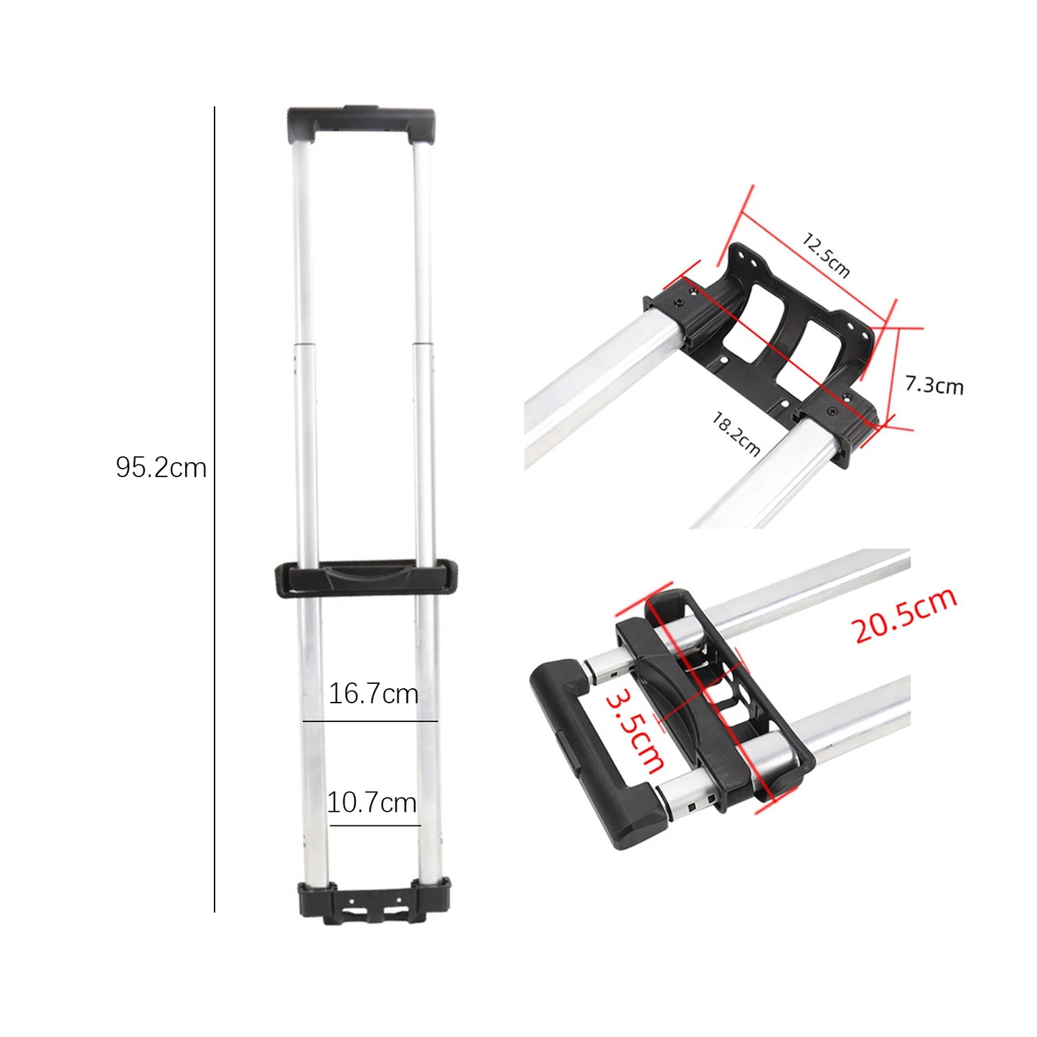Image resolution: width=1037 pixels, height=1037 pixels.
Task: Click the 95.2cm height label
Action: point(161,468)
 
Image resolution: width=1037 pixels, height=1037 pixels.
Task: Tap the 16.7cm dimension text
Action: point(373,694)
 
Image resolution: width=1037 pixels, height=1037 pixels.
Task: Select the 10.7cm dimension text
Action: point(372,802)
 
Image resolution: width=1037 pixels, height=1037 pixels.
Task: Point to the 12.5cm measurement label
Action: point(826,255)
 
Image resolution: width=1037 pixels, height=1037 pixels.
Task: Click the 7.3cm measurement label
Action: point(934,385)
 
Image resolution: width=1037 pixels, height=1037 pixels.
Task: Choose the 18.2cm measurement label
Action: point(736,433)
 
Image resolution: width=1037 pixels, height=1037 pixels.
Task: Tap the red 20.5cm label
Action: point(904,616)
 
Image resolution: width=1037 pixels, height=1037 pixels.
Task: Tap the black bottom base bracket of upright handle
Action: point(374,903)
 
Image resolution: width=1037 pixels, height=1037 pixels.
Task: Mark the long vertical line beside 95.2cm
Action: point(214,510)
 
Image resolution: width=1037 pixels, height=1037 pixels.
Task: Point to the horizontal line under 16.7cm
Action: point(370,721)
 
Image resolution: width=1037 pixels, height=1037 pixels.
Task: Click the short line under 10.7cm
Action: point(375,825)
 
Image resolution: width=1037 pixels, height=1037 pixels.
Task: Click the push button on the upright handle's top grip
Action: point(360,110)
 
